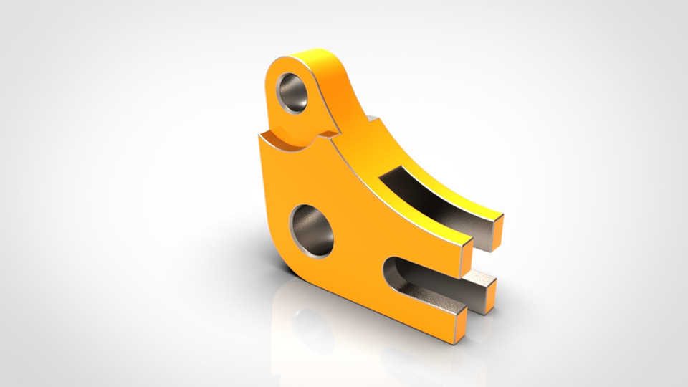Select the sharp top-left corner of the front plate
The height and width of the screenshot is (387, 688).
(259, 137)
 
